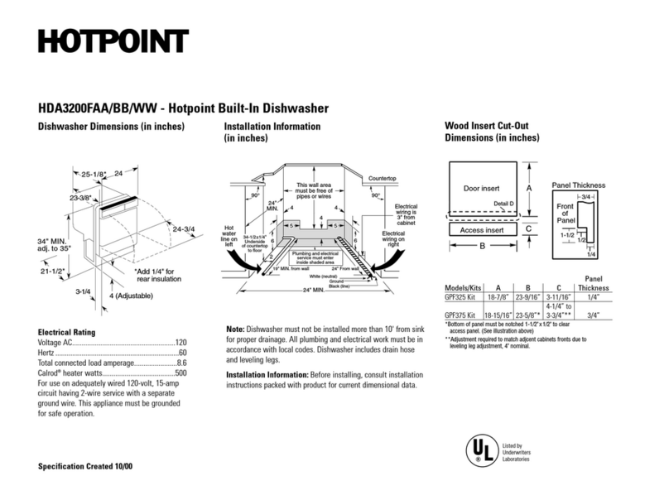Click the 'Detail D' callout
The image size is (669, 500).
click(503, 203)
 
